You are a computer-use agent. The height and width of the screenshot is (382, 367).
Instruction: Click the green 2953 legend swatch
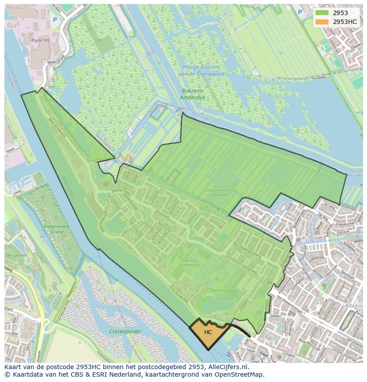coord(322,13)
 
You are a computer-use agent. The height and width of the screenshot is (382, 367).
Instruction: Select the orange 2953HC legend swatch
coord(322,22)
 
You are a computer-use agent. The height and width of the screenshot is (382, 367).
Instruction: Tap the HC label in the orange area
coord(208,332)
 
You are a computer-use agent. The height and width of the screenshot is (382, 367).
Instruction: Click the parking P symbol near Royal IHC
coord(55,20)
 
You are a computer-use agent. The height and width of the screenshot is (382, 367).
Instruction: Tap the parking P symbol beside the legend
coord(300,12)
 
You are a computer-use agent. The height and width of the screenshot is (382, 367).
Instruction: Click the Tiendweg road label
coord(319,77)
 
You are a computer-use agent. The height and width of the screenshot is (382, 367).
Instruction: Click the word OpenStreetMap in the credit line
coord(240,375)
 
